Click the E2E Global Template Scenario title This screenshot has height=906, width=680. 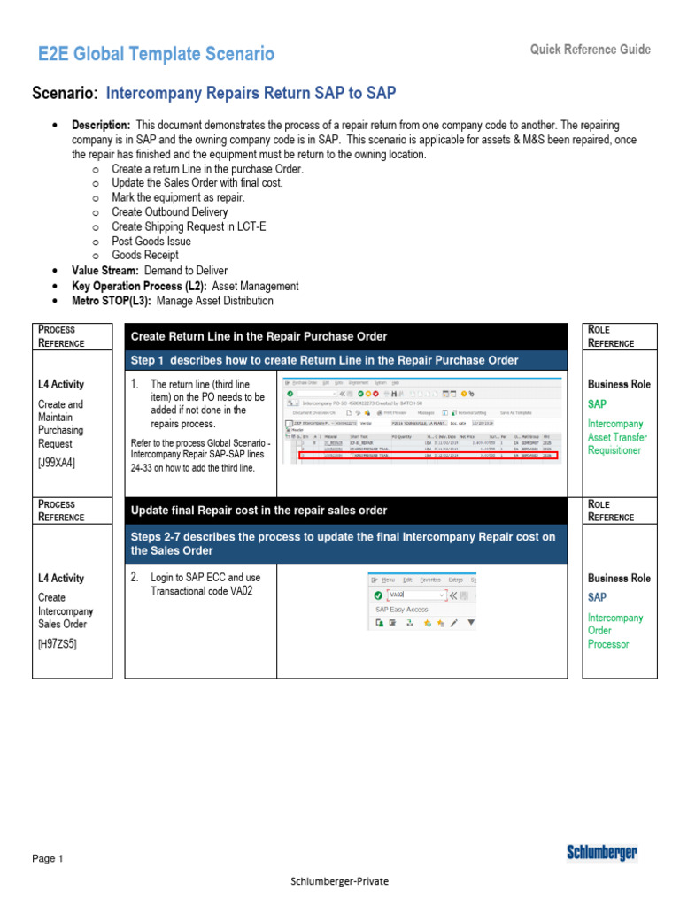pos(156,54)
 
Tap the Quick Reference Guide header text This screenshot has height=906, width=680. pos(591,50)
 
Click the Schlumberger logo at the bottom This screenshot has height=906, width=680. pos(602,853)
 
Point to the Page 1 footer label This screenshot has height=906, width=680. pos(48,858)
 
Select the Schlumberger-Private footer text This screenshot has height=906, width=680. pos(339,881)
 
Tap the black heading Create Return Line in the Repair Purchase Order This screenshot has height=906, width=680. pos(259,336)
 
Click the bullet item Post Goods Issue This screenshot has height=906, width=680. pos(151,241)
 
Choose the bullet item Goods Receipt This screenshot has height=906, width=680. pos(145,255)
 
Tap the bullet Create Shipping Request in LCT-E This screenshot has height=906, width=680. pos(189,226)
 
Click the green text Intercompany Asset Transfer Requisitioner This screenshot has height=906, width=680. pos(618,437)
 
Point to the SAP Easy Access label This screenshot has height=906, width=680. pos(401,610)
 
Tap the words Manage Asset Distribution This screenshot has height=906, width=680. pos(215,301)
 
